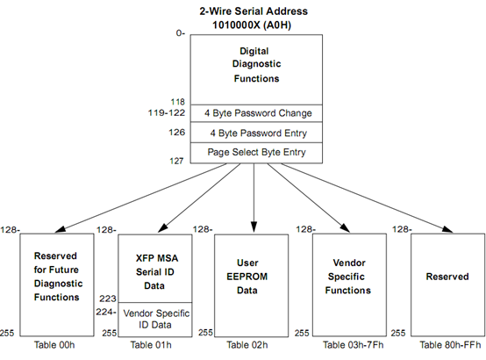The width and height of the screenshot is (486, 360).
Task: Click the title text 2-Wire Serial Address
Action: click(x=254, y=11)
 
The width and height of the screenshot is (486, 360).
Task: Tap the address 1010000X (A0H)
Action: click(x=252, y=25)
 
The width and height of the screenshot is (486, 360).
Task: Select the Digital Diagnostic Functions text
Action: click(x=256, y=65)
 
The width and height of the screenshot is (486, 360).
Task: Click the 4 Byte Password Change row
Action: click(x=256, y=113)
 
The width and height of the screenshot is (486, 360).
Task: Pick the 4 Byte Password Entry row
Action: click(x=256, y=133)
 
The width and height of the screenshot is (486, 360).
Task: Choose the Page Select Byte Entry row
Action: click(x=256, y=153)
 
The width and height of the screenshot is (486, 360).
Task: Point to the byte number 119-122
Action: click(x=167, y=112)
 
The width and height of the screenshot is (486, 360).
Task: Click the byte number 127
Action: click(x=176, y=161)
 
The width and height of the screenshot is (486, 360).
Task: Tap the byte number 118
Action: click(x=177, y=102)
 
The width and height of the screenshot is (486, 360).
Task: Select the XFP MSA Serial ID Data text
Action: click(x=156, y=272)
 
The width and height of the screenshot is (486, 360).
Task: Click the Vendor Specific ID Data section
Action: click(x=155, y=320)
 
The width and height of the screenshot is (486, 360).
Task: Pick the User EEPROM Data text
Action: click(x=247, y=277)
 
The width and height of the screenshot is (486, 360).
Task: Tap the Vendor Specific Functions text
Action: click(x=347, y=277)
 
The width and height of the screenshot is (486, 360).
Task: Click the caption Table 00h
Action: click(x=54, y=345)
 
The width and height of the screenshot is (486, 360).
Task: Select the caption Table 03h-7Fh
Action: click(x=353, y=345)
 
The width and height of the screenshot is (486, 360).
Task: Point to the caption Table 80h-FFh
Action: click(x=450, y=345)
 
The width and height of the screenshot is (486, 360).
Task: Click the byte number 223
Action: click(x=108, y=299)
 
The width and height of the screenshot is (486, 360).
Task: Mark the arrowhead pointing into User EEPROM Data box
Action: click(x=254, y=227)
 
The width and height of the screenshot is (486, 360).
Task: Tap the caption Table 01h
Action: click(x=151, y=345)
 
